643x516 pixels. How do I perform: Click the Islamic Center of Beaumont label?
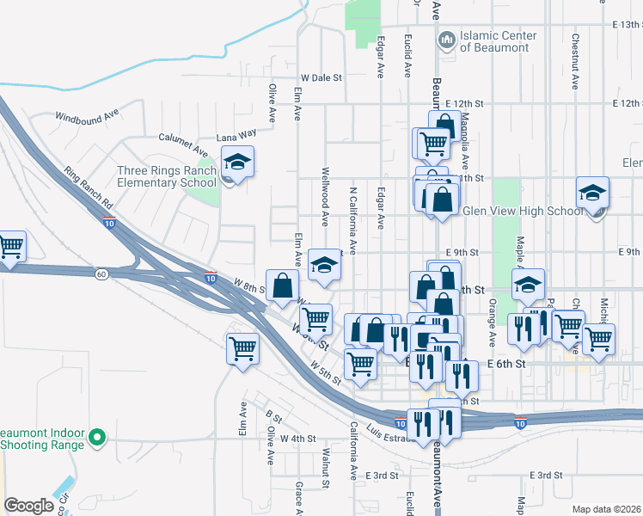pyautogui.click(x=499, y=41)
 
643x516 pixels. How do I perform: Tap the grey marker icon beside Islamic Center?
pyautogui.click(x=447, y=40)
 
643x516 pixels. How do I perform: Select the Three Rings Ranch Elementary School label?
pyautogui.click(x=168, y=175)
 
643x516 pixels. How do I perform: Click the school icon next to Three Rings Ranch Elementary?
pyautogui.click(x=236, y=163)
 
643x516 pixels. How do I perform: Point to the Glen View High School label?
pyautogui.click(x=523, y=211)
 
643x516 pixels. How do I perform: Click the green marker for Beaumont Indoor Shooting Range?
pyautogui.click(x=97, y=438)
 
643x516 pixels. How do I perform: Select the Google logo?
pyautogui.click(x=28, y=506)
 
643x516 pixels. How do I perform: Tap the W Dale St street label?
pyautogui.click(x=321, y=77)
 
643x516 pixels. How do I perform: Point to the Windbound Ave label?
pyautogui.click(x=87, y=115)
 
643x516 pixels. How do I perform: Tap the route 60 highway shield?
pyautogui.click(x=101, y=273)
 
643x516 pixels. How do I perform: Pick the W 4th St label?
pyautogui.click(x=298, y=439)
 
